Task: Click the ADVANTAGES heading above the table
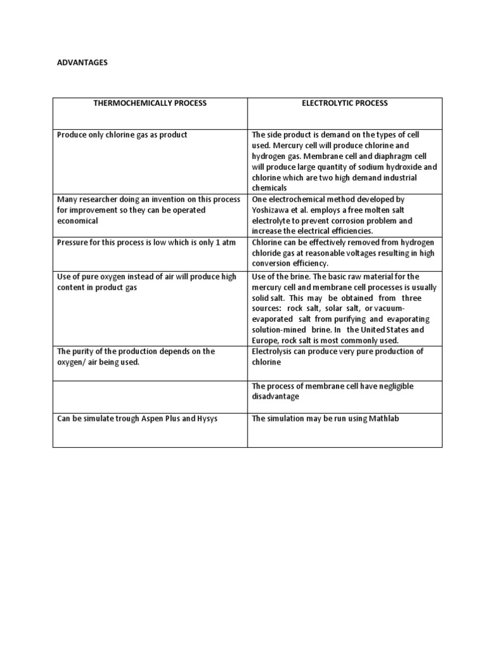coord(82,63)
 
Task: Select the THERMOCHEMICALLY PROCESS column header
coord(150,103)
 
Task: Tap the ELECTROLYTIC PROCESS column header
coord(344,103)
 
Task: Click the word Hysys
coord(205,418)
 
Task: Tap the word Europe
coord(265,340)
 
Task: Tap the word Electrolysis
coord(273,351)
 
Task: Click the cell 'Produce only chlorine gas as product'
coord(122,135)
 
